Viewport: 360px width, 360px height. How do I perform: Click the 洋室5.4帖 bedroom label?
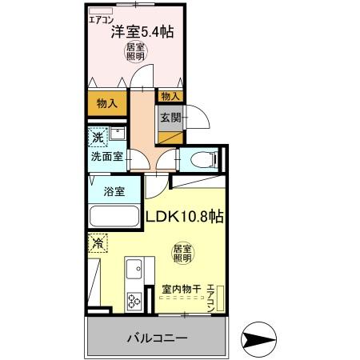(143, 33)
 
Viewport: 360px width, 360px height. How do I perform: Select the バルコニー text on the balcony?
(156, 338)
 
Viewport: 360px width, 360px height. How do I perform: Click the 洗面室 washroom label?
(106, 157)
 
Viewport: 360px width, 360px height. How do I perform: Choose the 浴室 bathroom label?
(113, 191)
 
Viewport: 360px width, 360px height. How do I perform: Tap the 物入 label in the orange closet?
(107, 103)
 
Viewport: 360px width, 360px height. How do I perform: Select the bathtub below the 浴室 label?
(114, 217)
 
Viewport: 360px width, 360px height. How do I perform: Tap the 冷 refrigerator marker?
(98, 242)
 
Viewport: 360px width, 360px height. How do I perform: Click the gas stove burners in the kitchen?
(133, 302)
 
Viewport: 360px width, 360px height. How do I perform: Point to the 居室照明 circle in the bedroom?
(135, 53)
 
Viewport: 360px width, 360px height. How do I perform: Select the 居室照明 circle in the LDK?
(182, 254)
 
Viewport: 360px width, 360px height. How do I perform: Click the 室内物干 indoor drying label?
(179, 289)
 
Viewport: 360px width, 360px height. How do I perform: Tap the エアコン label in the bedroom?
(101, 19)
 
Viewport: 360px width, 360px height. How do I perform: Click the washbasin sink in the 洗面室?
(118, 133)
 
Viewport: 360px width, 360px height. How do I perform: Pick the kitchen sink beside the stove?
(134, 270)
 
